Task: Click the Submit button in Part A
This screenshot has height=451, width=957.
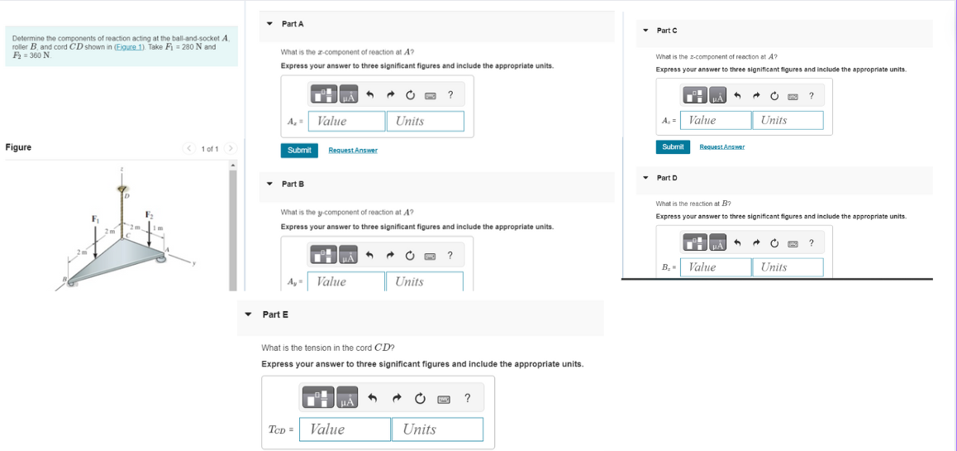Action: click(299, 150)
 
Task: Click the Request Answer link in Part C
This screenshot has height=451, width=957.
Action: click(721, 146)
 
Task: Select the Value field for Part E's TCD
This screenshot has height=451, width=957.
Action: click(345, 429)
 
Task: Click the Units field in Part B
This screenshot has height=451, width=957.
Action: click(424, 281)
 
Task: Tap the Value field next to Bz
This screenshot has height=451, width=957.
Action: click(715, 266)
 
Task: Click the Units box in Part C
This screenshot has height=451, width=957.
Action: click(788, 120)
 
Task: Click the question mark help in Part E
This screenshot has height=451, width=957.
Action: click(468, 399)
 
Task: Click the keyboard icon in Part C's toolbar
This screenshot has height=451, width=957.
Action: click(792, 97)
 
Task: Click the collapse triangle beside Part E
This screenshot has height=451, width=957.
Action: click(248, 314)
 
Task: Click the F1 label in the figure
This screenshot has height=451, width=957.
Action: click(96, 218)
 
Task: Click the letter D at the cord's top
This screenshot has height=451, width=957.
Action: click(127, 196)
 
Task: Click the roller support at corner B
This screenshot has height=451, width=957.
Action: click(73, 282)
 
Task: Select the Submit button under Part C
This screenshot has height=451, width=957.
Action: click(673, 146)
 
